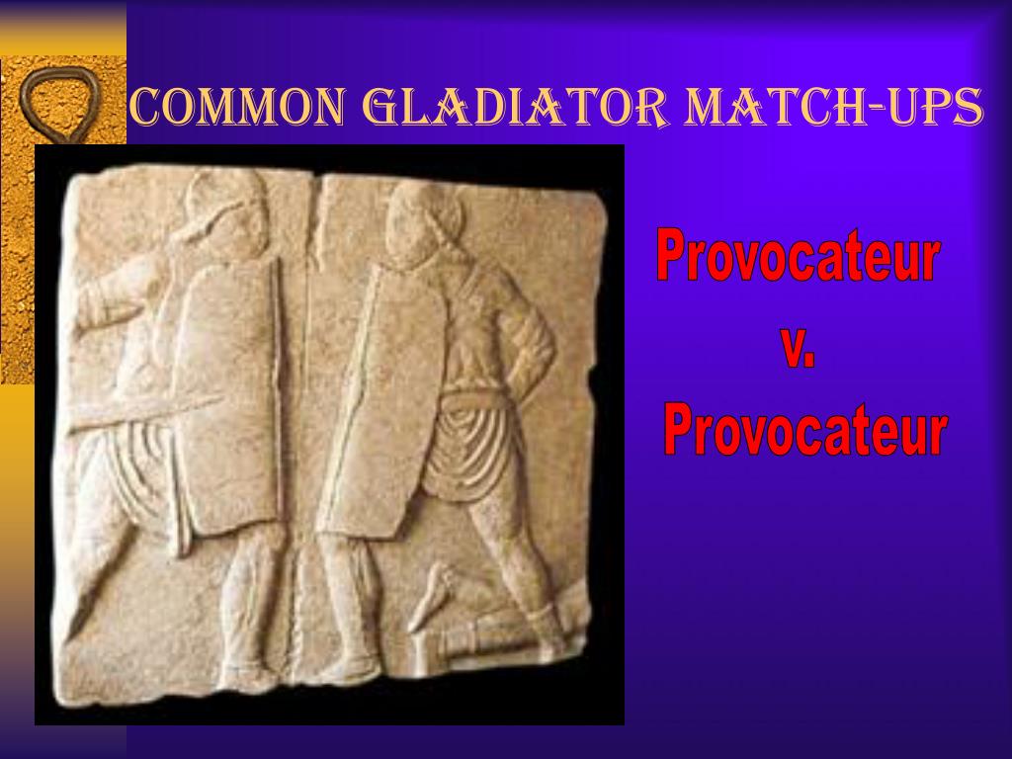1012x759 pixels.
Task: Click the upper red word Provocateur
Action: (797, 259)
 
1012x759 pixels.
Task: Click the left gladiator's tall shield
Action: (229, 395)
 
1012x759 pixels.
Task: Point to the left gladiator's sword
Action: (148, 412)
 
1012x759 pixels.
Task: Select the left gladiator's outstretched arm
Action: (114, 296)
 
